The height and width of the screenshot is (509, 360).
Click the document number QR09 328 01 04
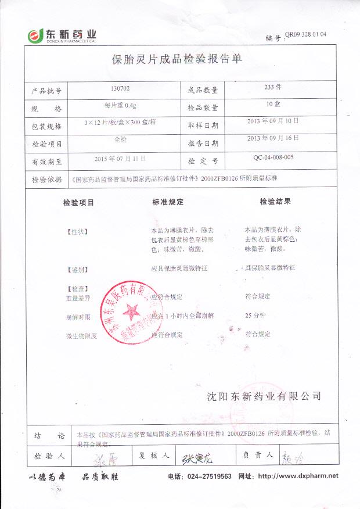[305, 34]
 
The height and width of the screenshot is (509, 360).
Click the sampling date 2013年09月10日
[272, 121]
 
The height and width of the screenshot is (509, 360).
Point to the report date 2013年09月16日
[272, 138]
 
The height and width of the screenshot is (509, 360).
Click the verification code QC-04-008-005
[273, 157]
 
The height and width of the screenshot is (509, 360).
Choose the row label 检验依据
[46, 181]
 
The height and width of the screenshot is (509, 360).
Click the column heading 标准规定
[168, 202]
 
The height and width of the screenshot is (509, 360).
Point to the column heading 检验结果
[275, 202]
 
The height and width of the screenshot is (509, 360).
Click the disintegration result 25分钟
[255, 316]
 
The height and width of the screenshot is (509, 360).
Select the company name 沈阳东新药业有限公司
[264, 396]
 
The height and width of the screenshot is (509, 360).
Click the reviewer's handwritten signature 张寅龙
[197, 457]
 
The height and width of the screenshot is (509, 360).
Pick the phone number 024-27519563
[208, 476]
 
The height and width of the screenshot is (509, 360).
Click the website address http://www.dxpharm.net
[297, 476]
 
